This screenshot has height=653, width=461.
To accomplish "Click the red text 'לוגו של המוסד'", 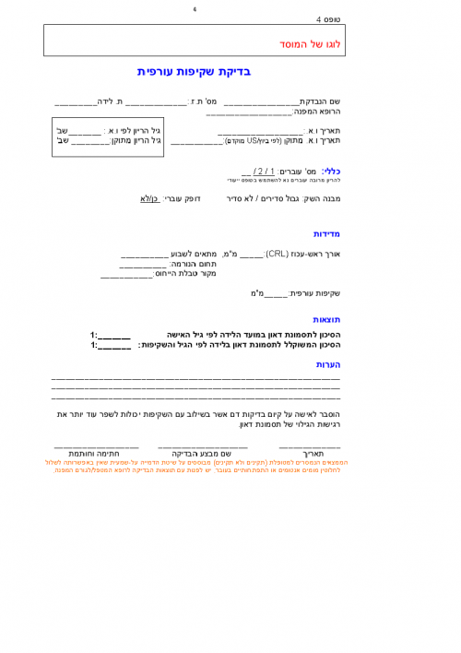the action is click(x=310, y=43).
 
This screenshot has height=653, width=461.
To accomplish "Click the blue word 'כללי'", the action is click(x=331, y=171).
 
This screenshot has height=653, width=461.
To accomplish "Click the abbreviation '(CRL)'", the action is click(x=278, y=253).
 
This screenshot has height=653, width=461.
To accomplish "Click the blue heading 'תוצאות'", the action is click(x=327, y=319).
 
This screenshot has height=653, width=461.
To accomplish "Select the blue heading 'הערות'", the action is click(x=328, y=364).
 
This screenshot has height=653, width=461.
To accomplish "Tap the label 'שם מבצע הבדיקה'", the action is click(x=206, y=454).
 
